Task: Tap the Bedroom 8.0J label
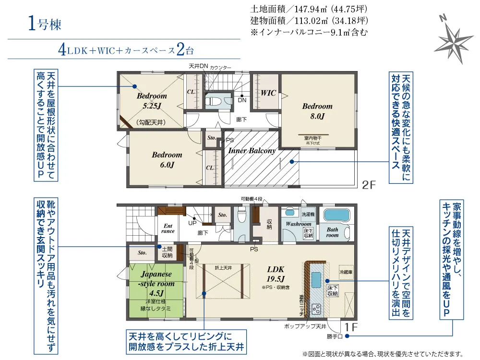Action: coord(317,111)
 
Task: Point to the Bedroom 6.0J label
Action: coord(167,160)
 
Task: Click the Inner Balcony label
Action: coord(252,151)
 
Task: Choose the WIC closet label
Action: coord(268,93)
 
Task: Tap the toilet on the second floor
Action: coord(213,101)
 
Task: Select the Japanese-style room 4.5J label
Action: coord(156,283)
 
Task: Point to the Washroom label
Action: coord(299,224)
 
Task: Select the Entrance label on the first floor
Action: coord(168,228)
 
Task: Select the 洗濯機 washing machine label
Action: coord(308,214)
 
